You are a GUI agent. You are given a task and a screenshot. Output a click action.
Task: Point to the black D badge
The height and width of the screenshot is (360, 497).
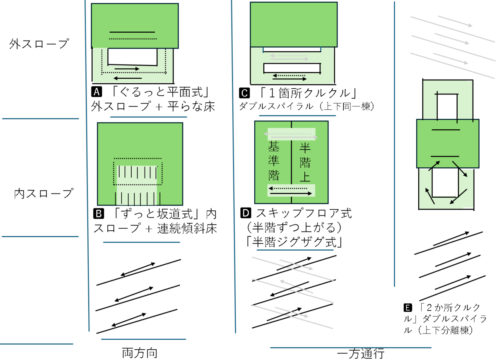point(246,214)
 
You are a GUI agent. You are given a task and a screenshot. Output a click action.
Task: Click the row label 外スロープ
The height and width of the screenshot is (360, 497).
point(38,44)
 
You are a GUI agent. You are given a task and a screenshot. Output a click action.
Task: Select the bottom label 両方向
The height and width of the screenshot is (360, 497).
point(140,353)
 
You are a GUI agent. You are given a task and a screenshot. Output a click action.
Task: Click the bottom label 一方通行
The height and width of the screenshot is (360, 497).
point(361,354)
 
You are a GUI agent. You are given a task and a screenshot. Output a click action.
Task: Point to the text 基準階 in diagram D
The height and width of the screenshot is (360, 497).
point(274,161)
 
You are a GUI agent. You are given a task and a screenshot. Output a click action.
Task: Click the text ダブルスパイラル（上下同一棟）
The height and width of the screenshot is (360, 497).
point(307,106)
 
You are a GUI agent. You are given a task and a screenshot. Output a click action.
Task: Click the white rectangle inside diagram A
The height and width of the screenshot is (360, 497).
point(133,57)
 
